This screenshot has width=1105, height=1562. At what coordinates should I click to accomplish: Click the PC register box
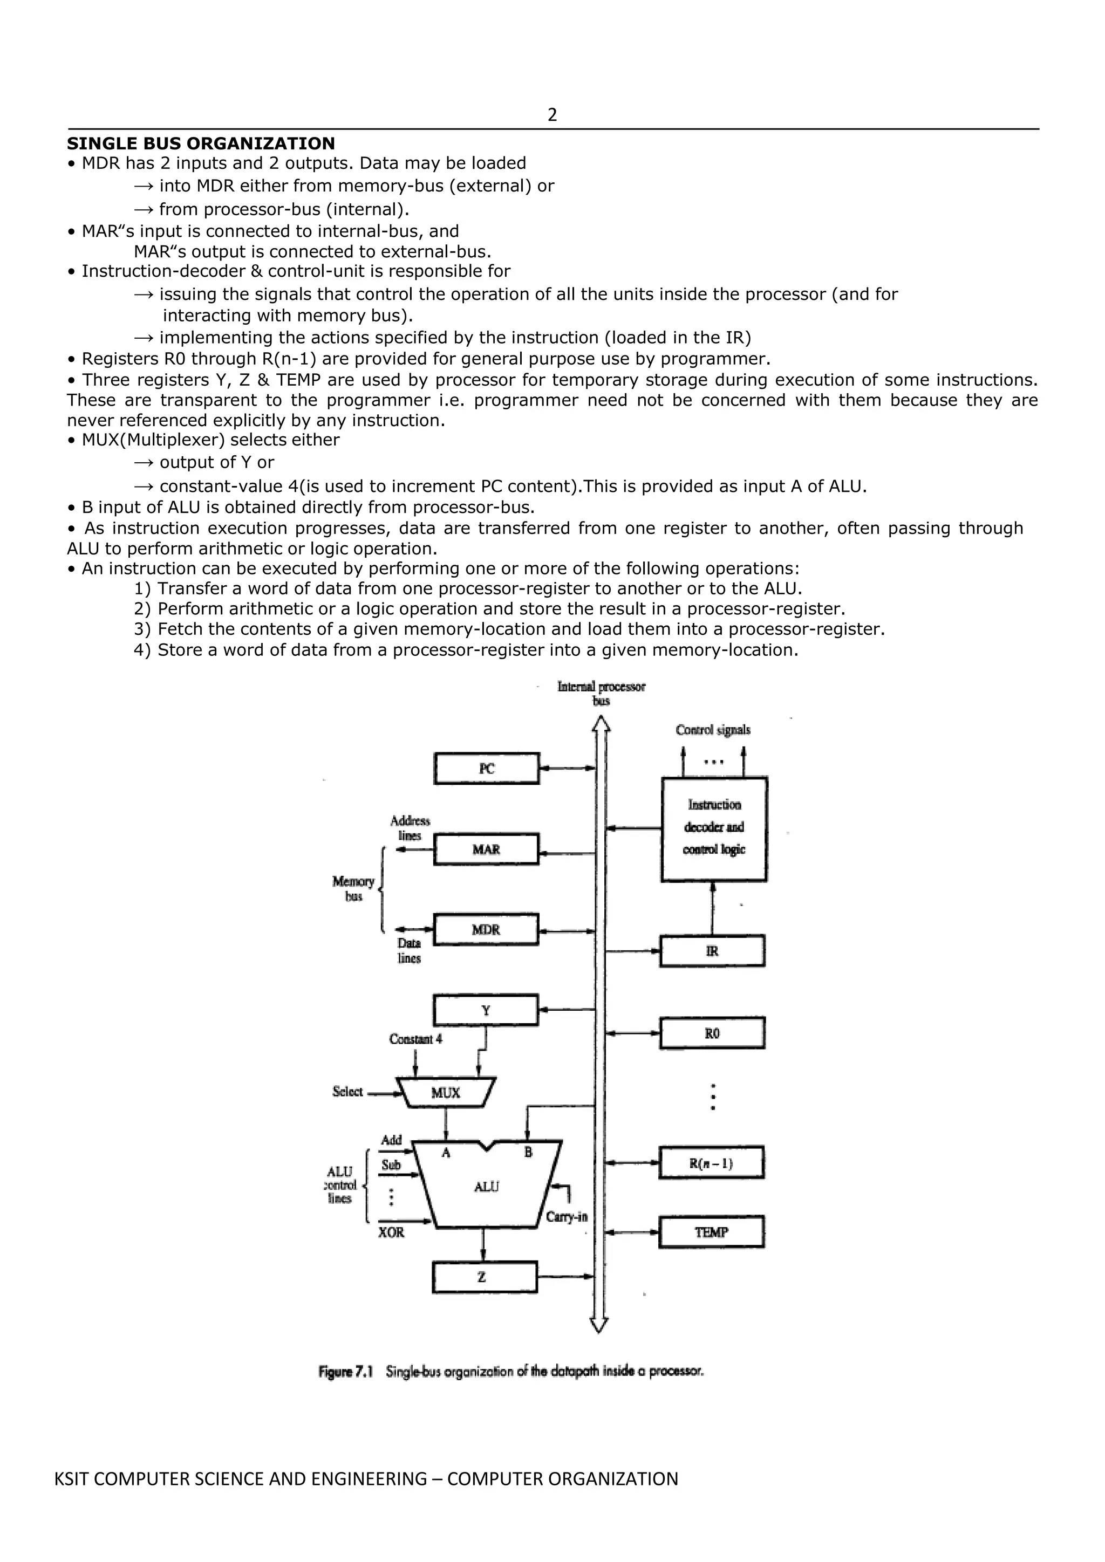[487, 768]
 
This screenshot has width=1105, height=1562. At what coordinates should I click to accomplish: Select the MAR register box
[486, 849]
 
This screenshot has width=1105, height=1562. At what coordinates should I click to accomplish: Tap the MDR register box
[486, 929]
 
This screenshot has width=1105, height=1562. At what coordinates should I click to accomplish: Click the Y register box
[486, 1010]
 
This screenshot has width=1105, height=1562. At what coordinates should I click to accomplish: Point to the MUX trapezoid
[446, 1093]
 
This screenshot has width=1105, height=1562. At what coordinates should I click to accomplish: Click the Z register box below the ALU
[485, 1277]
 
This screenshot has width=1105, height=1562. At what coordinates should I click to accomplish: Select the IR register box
[712, 951]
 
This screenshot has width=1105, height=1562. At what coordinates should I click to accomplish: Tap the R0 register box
[712, 1033]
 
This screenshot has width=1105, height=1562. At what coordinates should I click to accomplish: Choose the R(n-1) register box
[711, 1163]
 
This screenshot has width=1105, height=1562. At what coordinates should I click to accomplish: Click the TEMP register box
[711, 1232]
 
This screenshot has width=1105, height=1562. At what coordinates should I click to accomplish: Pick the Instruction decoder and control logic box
[714, 828]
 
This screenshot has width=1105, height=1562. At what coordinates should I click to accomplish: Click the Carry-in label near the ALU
[566, 1216]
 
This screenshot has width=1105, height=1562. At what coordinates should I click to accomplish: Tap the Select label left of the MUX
[347, 1091]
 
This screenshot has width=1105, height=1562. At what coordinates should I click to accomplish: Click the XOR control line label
[391, 1232]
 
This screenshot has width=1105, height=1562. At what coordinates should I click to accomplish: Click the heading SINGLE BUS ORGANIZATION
[201, 143]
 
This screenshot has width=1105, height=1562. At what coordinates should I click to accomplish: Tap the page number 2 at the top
[552, 115]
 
